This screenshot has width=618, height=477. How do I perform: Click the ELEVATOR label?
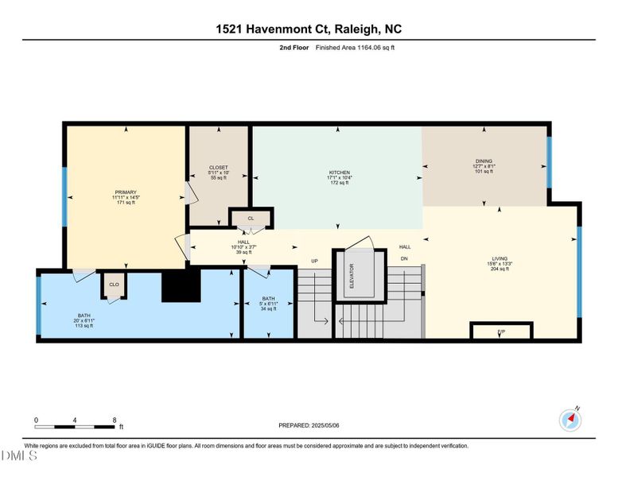pyautogui.click(x=351, y=276)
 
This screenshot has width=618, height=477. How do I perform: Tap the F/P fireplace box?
pyautogui.click(x=501, y=331)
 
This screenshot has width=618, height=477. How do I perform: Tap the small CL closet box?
pyautogui.click(x=251, y=218)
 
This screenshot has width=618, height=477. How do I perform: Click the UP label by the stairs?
pyautogui.click(x=314, y=260)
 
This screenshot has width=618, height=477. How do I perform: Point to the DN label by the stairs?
pyautogui.click(x=404, y=259)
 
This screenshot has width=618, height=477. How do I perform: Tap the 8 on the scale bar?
pyautogui.click(x=115, y=419)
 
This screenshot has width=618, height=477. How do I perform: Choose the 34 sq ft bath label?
pyautogui.click(x=269, y=304)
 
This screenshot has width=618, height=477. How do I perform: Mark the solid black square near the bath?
pyautogui.click(x=181, y=285)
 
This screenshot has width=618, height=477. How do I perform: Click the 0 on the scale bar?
pyautogui.click(x=36, y=419)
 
